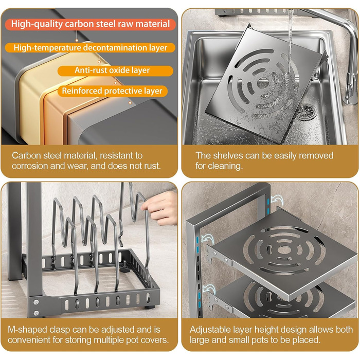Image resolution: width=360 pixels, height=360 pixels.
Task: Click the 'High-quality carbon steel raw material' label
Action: coord(90,24)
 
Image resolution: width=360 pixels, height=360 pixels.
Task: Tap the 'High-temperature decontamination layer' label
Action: coord(90,48)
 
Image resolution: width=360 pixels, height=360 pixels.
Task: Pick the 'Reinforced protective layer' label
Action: coord(112,91)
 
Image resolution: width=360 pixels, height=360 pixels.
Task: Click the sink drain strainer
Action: coord(306,112)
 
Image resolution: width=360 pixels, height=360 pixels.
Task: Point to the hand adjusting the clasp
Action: coord(160,208)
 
